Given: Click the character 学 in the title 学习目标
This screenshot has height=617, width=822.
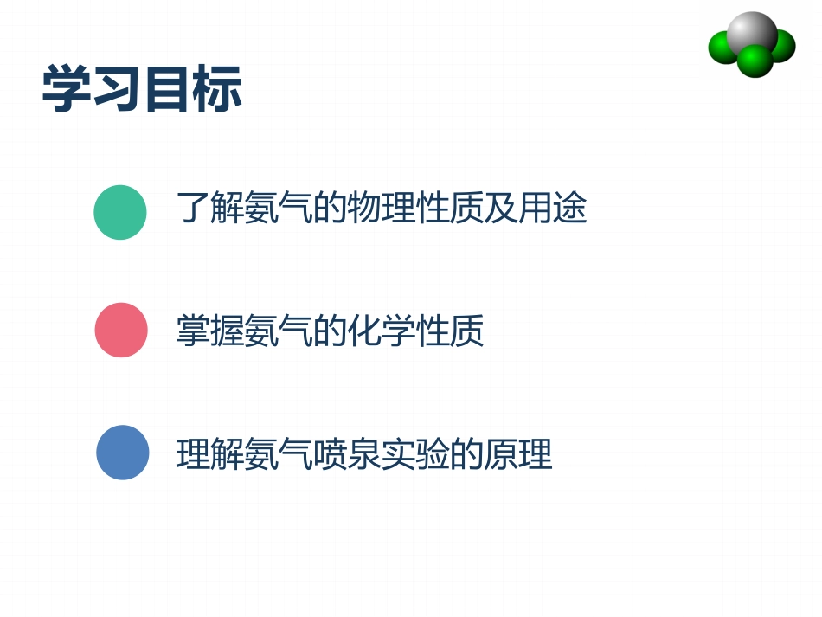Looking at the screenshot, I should pos(67,89).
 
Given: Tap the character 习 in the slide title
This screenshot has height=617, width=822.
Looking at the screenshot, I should pos(117,89).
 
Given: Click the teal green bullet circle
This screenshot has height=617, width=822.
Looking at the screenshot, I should pos(120,212).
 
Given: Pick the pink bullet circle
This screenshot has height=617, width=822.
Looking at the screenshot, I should pos(121,331).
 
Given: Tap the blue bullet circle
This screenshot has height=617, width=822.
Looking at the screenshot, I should pos(122,453).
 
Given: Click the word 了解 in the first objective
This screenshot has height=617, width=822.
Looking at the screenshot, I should pos(210,209).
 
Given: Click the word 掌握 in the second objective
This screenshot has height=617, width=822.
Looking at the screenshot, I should pos(210,331).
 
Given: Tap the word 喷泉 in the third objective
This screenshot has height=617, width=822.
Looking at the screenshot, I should pos(347,453).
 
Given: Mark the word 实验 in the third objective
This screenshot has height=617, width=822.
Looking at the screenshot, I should pos(416,453).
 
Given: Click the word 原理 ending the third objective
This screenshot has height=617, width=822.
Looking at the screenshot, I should pos(518,453).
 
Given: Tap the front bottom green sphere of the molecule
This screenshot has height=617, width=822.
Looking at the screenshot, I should pos(755,61).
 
